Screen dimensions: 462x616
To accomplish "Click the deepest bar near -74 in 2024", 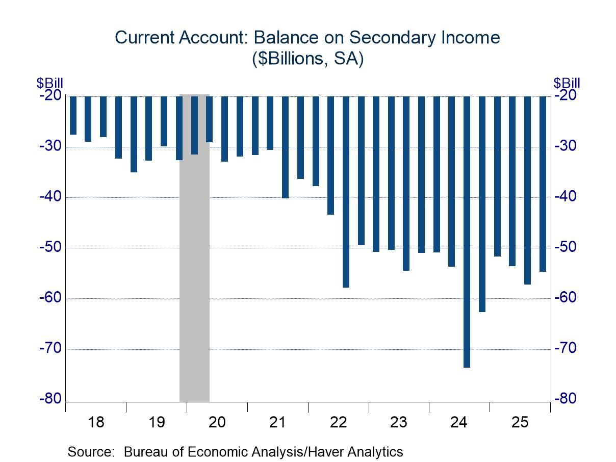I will coord(467,232).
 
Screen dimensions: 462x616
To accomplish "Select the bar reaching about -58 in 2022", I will coord(346,192).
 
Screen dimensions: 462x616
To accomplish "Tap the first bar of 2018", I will coord(73,115).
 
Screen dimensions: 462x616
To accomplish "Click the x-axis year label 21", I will coord(277,422).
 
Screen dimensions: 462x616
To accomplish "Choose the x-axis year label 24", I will coord(459,422).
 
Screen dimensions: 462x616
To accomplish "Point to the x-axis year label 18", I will coord(96,422).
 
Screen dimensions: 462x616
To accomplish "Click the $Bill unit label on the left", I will coord(49,83).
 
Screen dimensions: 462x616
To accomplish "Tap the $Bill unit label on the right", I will coord(567,83).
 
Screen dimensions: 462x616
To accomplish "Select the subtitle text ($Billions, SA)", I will coord(307,59).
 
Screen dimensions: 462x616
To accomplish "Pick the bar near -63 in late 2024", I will coord(482,204).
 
